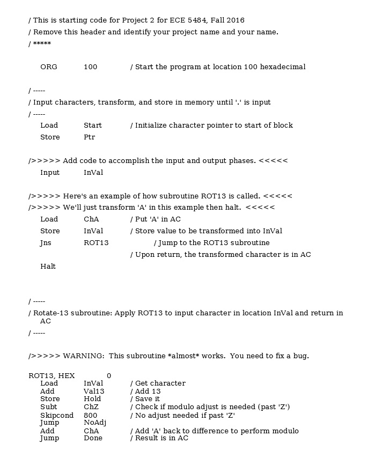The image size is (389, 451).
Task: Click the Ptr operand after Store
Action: tap(90, 137)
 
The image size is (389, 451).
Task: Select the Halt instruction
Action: tap(48, 266)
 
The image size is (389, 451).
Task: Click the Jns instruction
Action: tap(46, 243)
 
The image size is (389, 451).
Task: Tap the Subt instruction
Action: tap(48, 407)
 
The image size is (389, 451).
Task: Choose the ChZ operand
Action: tap(91, 407)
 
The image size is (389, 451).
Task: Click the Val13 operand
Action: tap(94, 391)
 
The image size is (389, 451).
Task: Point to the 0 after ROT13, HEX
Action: tap(109, 376)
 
